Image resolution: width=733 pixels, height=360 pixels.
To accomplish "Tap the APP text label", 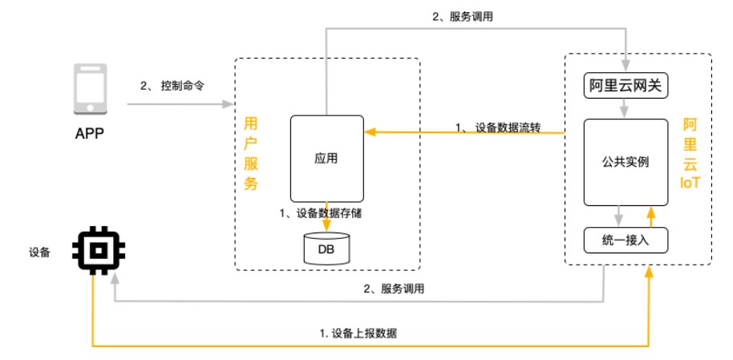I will pos(89,132).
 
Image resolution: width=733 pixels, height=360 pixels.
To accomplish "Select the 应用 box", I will pos(326,159).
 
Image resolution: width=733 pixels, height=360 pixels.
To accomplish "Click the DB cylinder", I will pos(326,249).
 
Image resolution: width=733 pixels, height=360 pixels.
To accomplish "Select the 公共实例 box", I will pos(625,162).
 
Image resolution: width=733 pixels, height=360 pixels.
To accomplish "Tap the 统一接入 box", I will pos(625,240).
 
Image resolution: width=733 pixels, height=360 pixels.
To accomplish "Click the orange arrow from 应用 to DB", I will pos(326,216).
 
